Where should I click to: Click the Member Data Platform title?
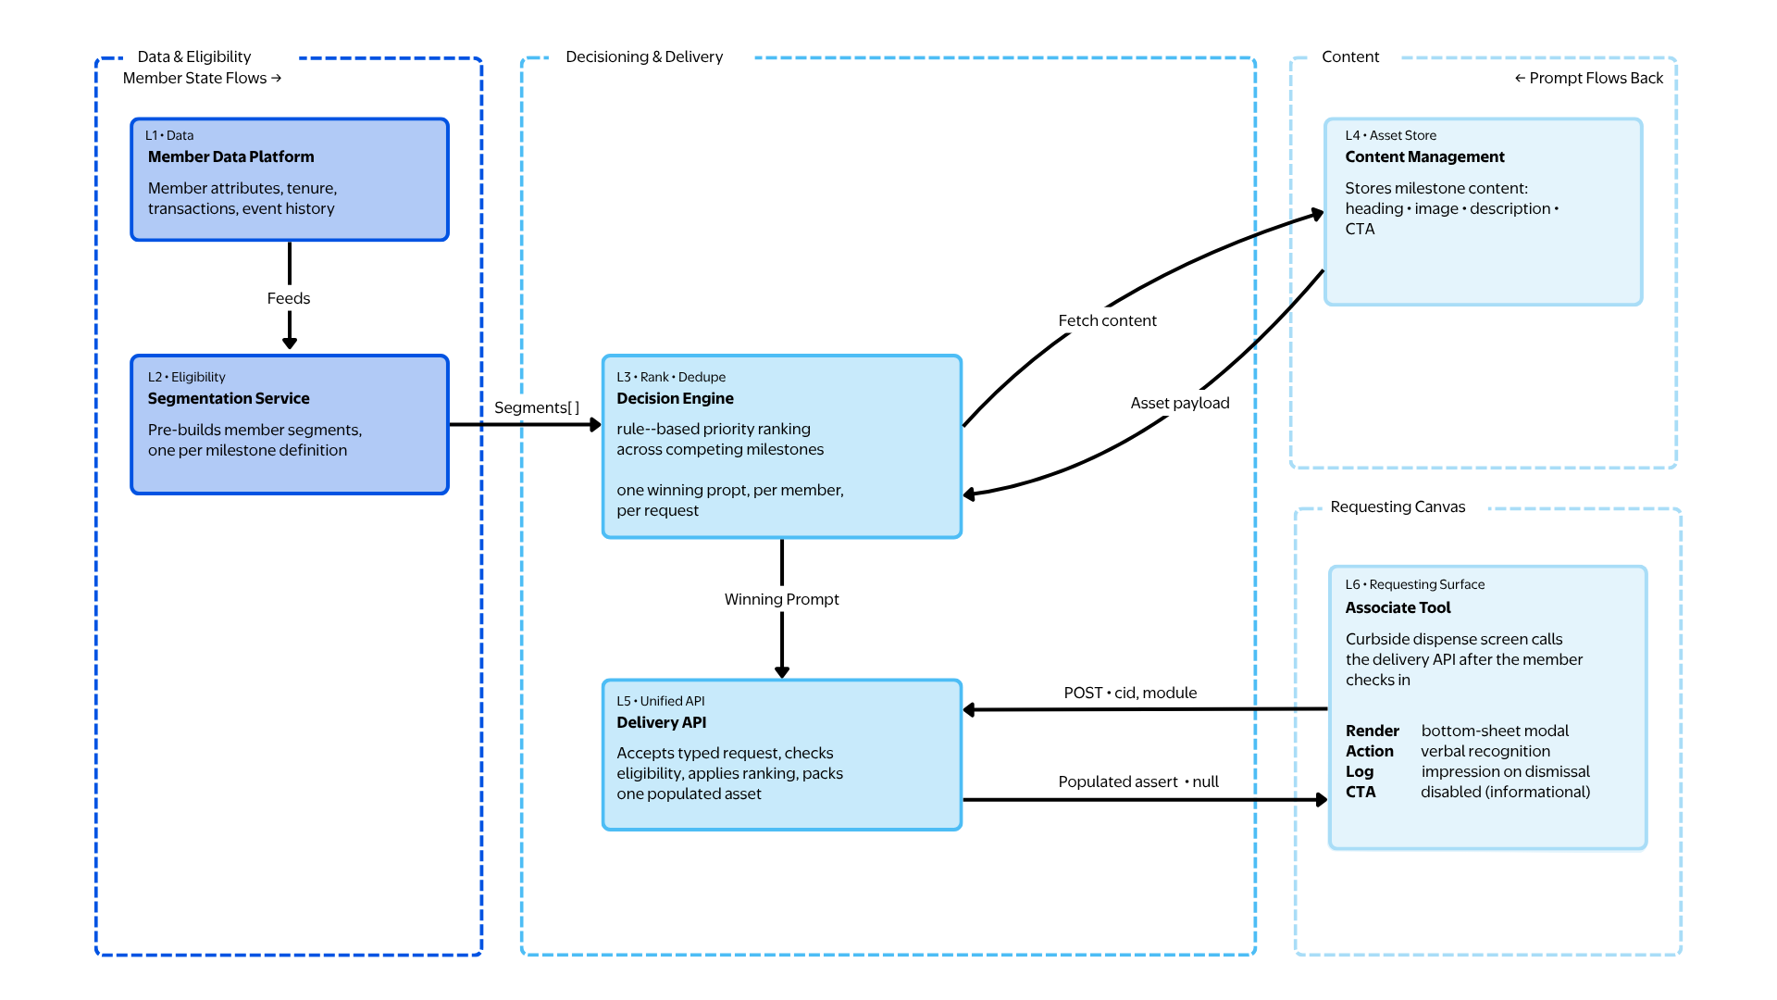[x=230, y=156]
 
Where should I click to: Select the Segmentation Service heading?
[x=229, y=398]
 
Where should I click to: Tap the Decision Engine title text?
[x=675, y=398]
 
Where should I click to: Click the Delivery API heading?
[x=661, y=722]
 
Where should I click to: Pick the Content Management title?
[x=1424, y=156]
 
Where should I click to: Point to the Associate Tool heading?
[x=1398, y=607]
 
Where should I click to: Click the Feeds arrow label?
[x=289, y=298]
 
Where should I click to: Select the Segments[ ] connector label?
[x=536, y=407]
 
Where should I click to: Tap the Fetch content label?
[x=1107, y=320]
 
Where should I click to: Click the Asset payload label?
[x=1179, y=403]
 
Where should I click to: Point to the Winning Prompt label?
[x=781, y=599]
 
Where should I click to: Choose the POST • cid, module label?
[x=1130, y=693]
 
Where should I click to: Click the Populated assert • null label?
[x=1137, y=781]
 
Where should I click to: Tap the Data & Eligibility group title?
[x=194, y=56]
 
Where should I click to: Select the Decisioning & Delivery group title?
[x=644, y=56]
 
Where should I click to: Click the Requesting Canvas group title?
[x=1398, y=506]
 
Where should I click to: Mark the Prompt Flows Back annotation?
[x=1588, y=78]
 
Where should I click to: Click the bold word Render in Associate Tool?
[x=1372, y=731]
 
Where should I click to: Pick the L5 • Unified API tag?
[x=660, y=701]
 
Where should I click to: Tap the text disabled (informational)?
[x=1505, y=792]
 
